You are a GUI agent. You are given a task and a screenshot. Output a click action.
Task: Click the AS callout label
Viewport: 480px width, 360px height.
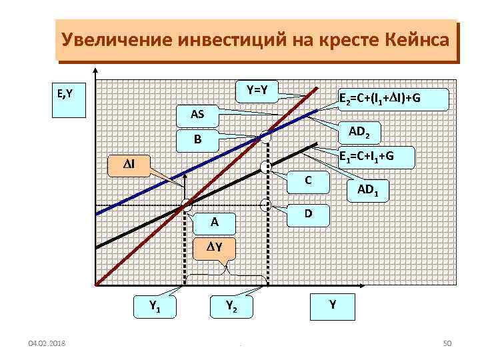tap(197, 115)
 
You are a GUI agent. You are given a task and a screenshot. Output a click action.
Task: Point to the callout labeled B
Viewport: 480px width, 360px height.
tap(197, 141)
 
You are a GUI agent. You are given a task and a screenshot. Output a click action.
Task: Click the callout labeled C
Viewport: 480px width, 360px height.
tap(307, 180)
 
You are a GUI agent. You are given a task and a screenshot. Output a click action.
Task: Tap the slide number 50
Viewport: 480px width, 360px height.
tap(447, 343)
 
